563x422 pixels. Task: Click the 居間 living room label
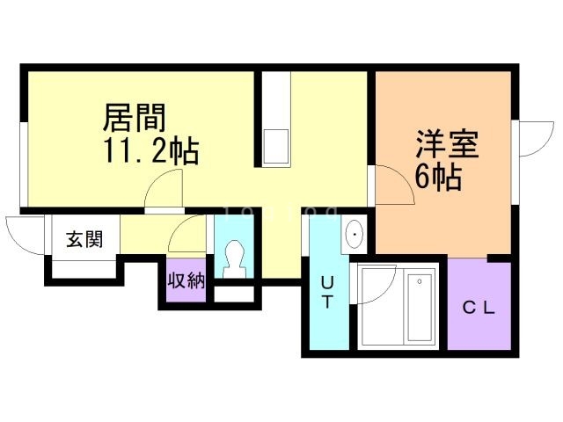[x=135, y=117]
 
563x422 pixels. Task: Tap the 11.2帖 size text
[x=150, y=151]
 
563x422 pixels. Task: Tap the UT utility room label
[x=326, y=293]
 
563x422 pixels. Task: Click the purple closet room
[x=479, y=303]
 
